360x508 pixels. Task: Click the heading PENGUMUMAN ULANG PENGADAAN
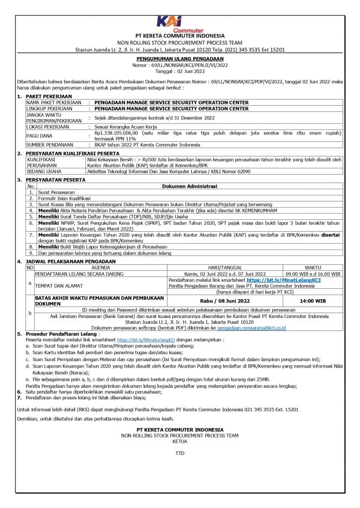(x=180, y=59)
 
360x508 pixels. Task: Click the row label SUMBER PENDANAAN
(x=49, y=145)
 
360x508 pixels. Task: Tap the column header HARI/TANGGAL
(x=224, y=267)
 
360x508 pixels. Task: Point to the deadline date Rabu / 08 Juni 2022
(x=224, y=301)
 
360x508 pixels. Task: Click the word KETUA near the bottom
(x=180, y=440)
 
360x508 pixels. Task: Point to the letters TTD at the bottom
(x=180, y=453)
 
